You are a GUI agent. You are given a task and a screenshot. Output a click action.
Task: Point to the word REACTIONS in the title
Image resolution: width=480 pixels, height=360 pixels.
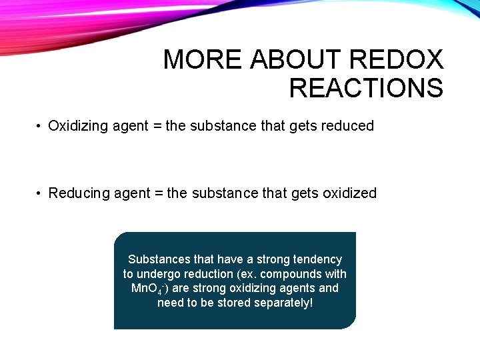pyautogui.click(x=366, y=88)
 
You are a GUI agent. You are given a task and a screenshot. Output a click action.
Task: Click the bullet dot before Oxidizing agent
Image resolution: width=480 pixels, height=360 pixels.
pyautogui.click(x=40, y=127)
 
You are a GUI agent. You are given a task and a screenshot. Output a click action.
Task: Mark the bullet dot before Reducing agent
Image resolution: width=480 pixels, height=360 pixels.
pyautogui.click(x=40, y=194)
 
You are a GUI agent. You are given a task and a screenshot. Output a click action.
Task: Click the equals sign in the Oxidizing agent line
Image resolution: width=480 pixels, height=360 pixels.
pyautogui.click(x=157, y=126)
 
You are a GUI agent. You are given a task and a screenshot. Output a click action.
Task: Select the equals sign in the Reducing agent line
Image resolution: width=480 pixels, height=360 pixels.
pyautogui.click(x=158, y=193)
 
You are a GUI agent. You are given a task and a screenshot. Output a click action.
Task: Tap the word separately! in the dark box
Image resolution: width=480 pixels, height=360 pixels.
pyautogui.click(x=282, y=303)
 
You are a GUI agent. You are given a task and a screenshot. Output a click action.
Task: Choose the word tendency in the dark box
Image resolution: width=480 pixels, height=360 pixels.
pyautogui.click(x=317, y=259)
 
